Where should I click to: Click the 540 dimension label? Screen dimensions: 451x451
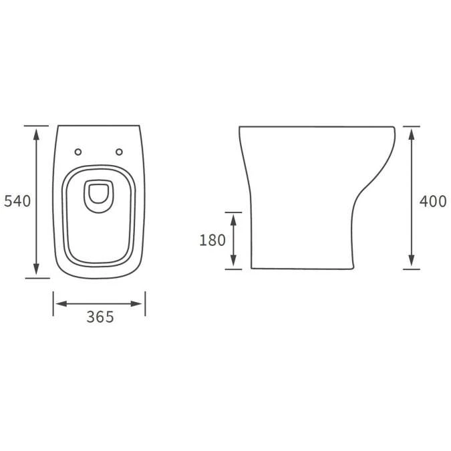17,201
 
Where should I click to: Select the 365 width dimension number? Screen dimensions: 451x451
100,317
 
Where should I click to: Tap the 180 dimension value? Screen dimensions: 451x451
212,241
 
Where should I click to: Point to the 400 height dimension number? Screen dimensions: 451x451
433,201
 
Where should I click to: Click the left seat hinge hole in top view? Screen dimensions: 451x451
80,152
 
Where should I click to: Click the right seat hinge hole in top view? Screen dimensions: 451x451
120,152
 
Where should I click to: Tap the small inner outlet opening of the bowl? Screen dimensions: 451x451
99,194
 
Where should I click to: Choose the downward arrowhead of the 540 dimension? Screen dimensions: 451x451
37,269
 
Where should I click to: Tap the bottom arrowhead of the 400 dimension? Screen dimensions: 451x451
412,262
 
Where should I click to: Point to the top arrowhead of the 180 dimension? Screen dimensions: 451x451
233,218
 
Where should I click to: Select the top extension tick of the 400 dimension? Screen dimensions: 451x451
412,125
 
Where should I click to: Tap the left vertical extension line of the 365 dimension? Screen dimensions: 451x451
53,304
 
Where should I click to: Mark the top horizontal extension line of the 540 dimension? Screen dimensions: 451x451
37,125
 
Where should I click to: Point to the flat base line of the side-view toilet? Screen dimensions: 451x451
301,269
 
